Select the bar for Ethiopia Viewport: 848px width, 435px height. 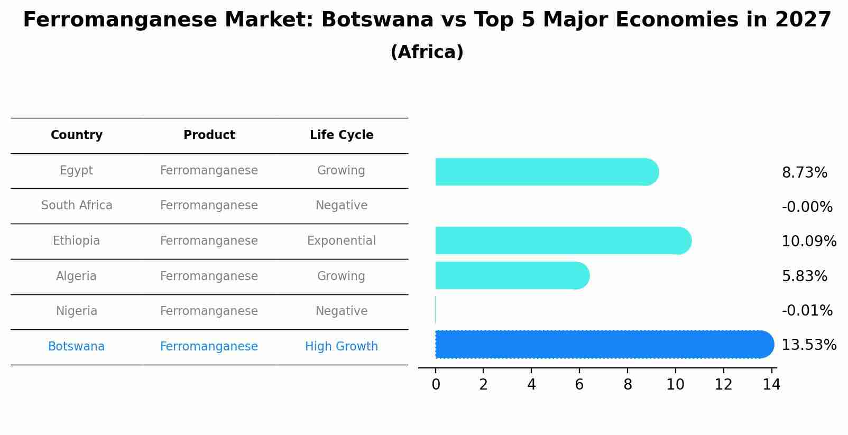[563, 240]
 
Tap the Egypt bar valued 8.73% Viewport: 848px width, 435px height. [547, 172]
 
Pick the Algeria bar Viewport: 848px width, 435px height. [512, 275]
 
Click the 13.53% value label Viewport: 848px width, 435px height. [808, 345]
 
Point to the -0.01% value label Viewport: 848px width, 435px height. [807, 311]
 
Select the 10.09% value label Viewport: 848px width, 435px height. [808, 242]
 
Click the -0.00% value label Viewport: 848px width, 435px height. [807, 207]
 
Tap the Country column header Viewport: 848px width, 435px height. [77, 135]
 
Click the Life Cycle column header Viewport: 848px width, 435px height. [342, 135]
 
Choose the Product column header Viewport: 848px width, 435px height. [209, 135]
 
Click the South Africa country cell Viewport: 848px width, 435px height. [77, 206]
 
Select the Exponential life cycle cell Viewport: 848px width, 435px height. [342, 241]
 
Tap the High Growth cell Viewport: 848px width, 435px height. [342, 347]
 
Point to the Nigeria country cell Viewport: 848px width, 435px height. [77, 311]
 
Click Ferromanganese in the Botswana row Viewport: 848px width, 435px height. [209, 347]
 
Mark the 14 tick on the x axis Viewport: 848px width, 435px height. [771, 385]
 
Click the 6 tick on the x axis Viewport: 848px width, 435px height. [579, 385]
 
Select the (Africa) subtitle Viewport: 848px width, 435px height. [427, 52]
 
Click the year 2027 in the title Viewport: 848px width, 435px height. [803, 20]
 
